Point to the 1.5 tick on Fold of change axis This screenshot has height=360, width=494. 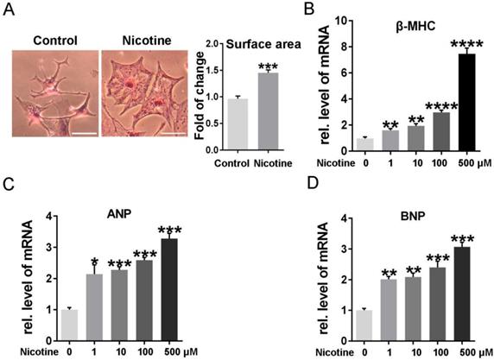199,72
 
